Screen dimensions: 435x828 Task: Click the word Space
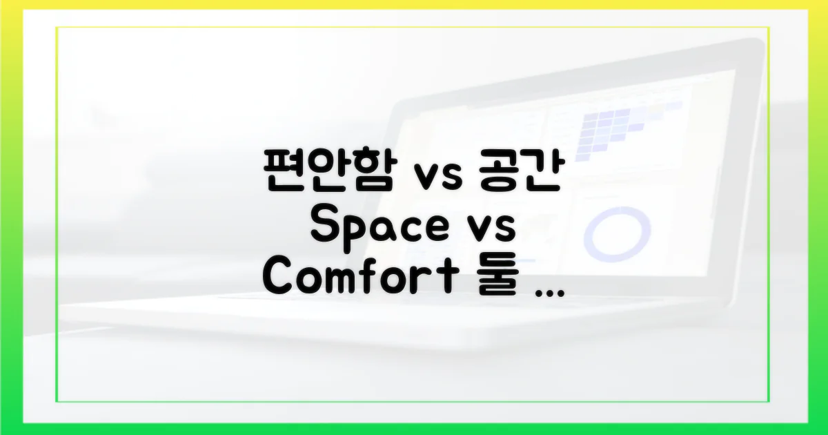377,226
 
